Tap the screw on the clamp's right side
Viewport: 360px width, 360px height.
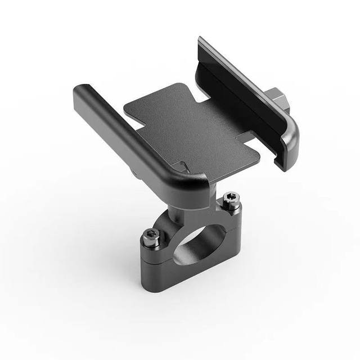tap(228, 199)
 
